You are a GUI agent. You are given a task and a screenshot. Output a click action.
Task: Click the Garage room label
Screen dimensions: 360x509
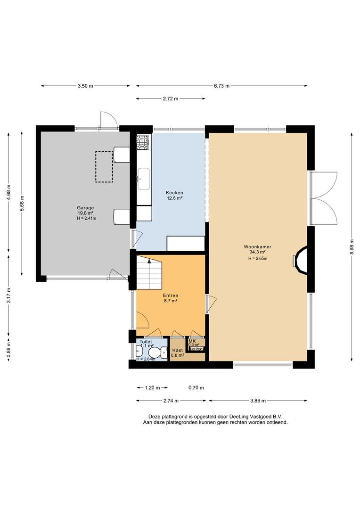[x=85, y=208]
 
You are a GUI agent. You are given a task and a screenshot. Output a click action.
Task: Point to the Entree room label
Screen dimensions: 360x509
[x=171, y=296]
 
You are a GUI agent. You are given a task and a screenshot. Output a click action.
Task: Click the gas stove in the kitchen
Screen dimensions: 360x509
[x=142, y=143]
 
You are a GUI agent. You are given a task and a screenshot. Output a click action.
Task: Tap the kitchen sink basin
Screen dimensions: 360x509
[x=143, y=179]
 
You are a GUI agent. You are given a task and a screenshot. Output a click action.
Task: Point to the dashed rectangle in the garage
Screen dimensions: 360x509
[x=104, y=166]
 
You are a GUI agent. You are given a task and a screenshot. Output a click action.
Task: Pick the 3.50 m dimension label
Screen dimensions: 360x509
[x=85, y=86]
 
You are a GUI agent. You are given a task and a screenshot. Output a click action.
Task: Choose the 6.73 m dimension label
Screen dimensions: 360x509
[x=221, y=86]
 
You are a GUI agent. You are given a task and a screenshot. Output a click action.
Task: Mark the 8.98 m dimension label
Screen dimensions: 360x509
[x=352, y=247]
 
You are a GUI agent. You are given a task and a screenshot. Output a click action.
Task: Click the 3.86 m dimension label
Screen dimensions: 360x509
[x=258, y=401]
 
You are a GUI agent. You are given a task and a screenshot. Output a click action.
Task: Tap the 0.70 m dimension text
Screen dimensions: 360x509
[x=196, y=387]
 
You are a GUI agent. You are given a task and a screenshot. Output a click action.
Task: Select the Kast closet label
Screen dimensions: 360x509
[x=178, y=350]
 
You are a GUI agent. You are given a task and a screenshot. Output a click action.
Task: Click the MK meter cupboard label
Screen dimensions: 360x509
[x=192, y=341]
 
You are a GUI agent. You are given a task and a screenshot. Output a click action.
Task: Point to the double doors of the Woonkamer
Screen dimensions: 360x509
[x=324, y=198]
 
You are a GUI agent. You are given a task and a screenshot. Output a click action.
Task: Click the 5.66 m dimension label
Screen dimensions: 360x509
[x=22, y=204]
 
